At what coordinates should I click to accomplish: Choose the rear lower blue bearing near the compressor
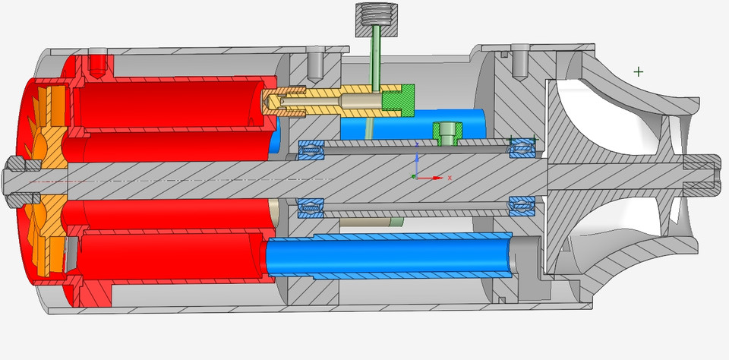521,205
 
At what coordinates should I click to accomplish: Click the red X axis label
450,178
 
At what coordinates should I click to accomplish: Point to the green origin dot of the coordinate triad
414,177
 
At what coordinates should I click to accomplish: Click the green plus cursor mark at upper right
638,71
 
